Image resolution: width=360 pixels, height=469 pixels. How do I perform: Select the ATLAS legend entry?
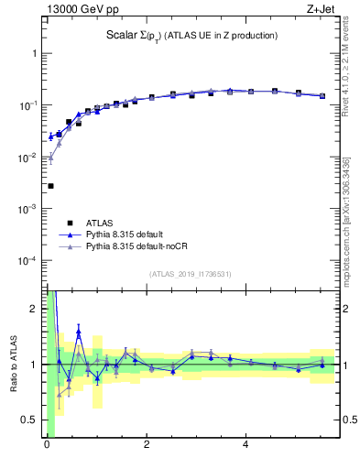(102, 223)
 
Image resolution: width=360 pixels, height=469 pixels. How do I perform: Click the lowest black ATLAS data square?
(50, 186)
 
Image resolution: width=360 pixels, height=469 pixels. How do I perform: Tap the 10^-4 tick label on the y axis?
(27, 261)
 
